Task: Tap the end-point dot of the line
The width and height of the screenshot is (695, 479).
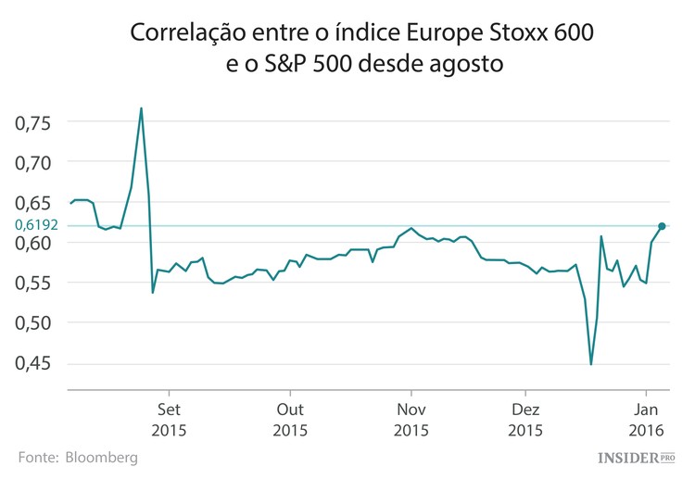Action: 662,225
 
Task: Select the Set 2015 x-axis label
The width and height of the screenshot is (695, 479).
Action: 168,420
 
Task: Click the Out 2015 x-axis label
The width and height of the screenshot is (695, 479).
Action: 289,420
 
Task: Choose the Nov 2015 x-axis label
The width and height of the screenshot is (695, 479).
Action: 411,420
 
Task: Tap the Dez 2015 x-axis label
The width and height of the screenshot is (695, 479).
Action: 525,420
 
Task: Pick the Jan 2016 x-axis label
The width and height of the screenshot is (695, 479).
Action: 646,420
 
